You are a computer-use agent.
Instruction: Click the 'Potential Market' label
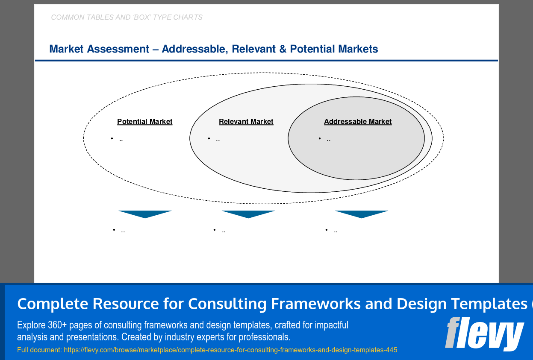click(x=144, y=122)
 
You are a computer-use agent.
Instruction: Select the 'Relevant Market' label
click(x=246, y=122)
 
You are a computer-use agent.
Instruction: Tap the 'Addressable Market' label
click(x=357, y=122)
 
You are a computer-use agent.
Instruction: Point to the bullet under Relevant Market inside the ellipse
click(x=214, y=139)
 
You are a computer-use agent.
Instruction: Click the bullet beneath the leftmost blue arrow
click(x=119, y=231)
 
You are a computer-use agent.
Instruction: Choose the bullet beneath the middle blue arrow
click(x=219, y=231)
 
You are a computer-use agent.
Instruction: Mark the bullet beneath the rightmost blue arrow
click(x=331, y=231)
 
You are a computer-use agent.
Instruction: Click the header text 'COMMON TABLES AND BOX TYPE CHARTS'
click(x=127, y=18)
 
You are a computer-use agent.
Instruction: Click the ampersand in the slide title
click(x=283, y=49)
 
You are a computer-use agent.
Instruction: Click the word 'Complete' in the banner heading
click(x=53, y=304)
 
